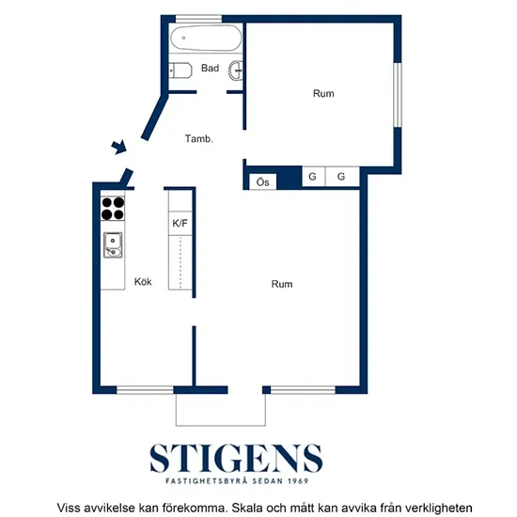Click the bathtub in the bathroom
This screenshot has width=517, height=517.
pyautogui.click(x=206, y=38)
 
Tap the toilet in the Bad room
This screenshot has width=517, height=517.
pyautogui.click(x=180, y=70)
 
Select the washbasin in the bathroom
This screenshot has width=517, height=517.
pyautogui.click(x=236, y=70)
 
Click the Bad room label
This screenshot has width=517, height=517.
pyautogui.click(x=210, y=68)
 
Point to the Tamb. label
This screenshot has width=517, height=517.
pyautogui.click(x=199, y=138)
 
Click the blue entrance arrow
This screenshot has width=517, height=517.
pyautogui.click(x=119, y=147)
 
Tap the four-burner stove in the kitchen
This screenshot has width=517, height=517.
pyautogui.click(x=113, y=209)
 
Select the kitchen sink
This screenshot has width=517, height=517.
pyautogui.click(x=113, y=245)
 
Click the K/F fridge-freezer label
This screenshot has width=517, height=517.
pyautogui.click(x=180, y=223)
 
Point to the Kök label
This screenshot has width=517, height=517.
pyautogui.click(x=143, y=282)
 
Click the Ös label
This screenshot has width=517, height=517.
pyautogui.click(x=263, y=182)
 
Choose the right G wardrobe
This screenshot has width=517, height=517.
pyautogui.click(x=342, y=177)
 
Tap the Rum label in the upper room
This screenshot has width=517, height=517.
pyautogui.click(x=323, y=94)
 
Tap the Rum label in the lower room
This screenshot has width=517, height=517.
pyautogui.click(x=282, y=284)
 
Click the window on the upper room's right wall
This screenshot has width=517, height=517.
pyautogui.click(x=398, y=95)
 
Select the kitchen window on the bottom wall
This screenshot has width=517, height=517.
pyautogui.click(x=145, y=390)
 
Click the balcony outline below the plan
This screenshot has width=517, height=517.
pyautogui.click(x=221, y=426)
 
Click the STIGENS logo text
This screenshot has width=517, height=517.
pyautogui.click(x=236, y=458)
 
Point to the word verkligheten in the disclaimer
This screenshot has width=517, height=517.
pyautogui.click(x=439, y=508)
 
